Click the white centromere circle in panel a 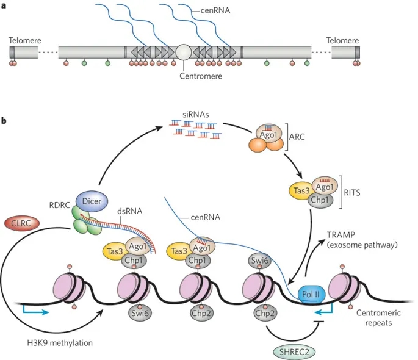184,52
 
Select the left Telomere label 25,40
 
